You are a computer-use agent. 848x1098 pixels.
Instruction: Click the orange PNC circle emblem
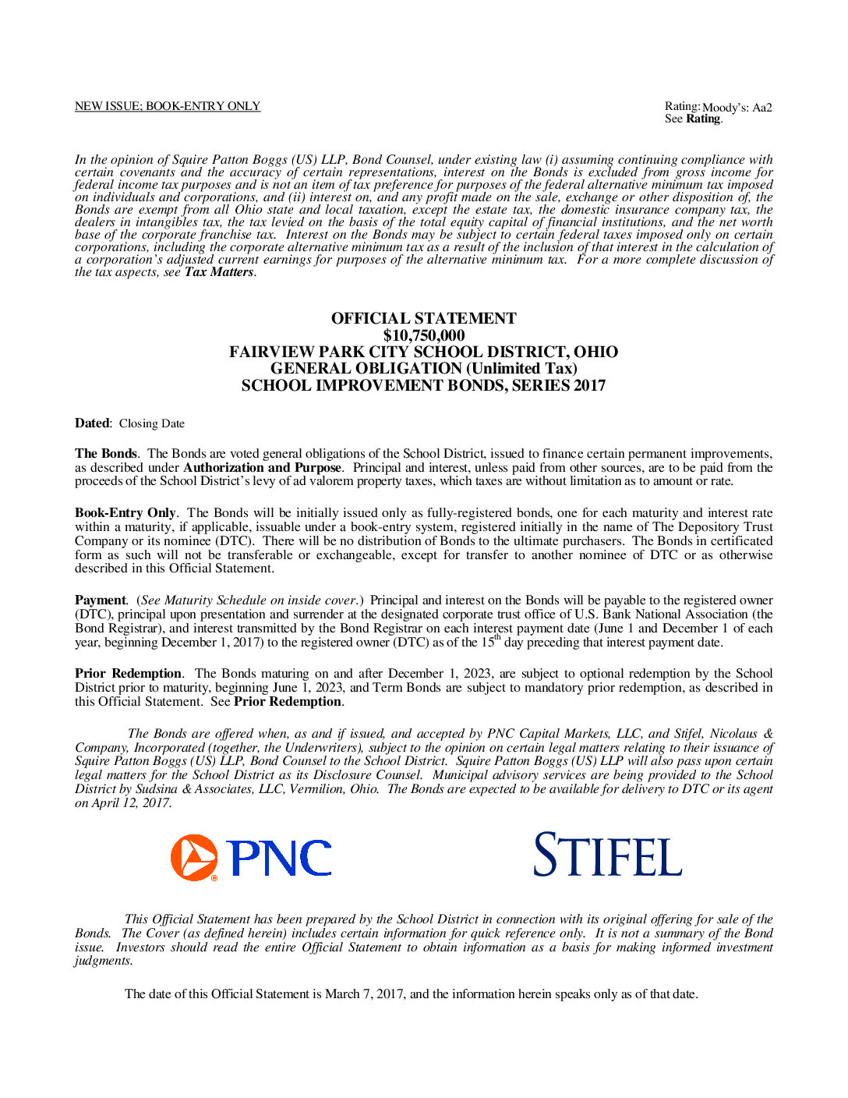click(x=194, y=857)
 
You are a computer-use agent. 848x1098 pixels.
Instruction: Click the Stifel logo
click(x=607, y=855)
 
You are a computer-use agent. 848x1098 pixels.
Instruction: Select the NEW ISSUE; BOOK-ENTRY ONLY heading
click(x=168, y=106)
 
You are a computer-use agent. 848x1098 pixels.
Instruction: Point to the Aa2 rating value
click(x=761, y=108)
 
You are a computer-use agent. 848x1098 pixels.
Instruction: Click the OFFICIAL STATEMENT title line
click(x=423, y=318)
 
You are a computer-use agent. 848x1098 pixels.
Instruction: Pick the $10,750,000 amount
click(x=423, y=335)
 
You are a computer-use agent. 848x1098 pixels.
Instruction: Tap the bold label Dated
click(x=92, y=423)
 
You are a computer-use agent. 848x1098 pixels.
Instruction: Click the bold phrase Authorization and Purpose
click(x=262, y=467)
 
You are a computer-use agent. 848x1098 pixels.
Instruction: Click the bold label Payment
click(x=100, y=600)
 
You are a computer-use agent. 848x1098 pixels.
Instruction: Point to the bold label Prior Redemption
click(x=128, y=673)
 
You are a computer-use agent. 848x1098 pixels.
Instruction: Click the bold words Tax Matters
click(x=218, y=272)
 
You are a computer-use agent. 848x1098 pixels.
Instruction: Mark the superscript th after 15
click(x=497, y=638)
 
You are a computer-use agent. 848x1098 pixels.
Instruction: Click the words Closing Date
click(x=152, y=423)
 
